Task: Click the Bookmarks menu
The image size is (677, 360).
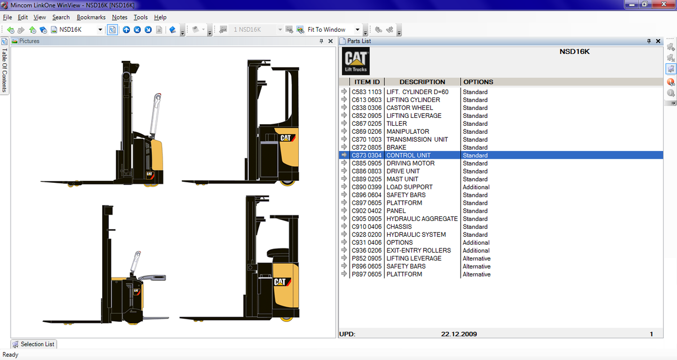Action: pos(91,17)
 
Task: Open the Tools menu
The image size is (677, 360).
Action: pos(141,17)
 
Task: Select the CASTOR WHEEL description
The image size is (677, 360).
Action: pos(410,108)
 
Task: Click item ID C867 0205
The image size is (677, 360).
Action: pos(367,124)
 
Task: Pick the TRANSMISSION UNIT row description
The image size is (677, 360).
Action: pos(417,140)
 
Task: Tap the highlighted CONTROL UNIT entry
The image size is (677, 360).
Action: pos(408,155)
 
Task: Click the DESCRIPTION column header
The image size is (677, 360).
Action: pos(422,82)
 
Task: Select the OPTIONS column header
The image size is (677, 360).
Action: pos(478,82)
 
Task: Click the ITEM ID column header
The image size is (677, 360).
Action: pos(367,82)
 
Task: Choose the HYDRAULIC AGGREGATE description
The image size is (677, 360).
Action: pos(422,219)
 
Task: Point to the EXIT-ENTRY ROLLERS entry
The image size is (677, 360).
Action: pos(418,251)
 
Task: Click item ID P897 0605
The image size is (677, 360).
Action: pos(367,274)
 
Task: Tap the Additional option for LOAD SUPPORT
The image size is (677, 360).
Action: pos(476,187)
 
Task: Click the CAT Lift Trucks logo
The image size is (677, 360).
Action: pos(356,61)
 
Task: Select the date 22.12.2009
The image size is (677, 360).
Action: pos(459,334)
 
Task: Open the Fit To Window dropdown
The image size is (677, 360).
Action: pos(358,30)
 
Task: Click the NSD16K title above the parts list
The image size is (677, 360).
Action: pos(574,52)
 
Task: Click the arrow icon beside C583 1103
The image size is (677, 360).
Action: pos(344,92)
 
